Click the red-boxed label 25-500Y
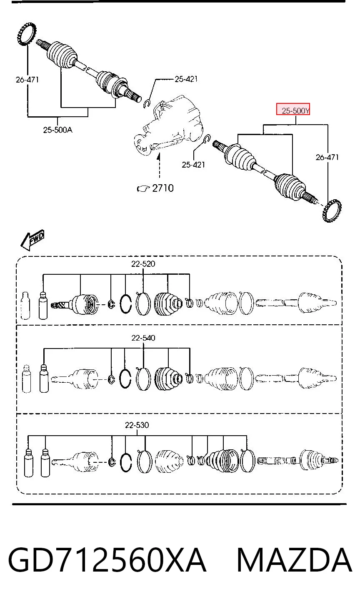(295, 111)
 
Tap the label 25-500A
(57, 130)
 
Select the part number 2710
(163, 188)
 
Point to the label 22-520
(143, 263)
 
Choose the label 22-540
(143, 338)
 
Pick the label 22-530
(137, 425)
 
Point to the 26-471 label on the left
(27, 80)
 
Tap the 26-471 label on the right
(327, 157)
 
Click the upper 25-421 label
(186, 79)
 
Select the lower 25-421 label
(193, 165)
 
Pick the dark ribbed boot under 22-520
(168, 304)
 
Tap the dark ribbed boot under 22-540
(168, 379)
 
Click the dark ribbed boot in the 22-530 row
(222, 461)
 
